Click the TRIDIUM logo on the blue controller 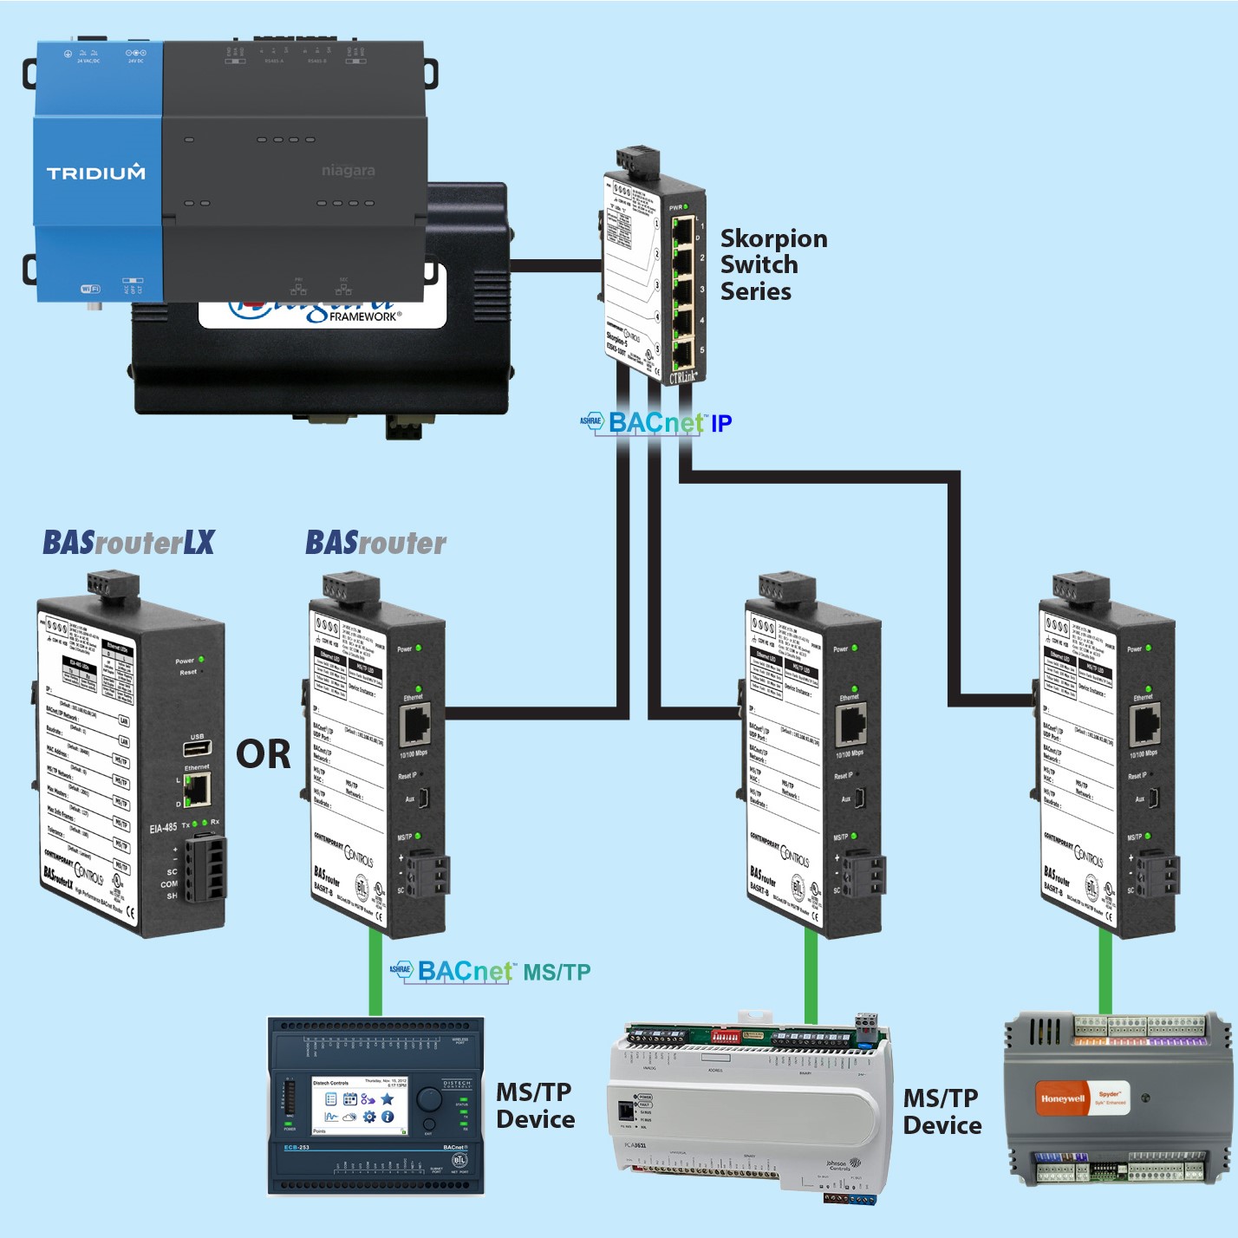[95, 173]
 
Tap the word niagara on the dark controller [348, 171]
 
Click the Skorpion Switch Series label [772, 264]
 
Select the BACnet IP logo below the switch [657, 423]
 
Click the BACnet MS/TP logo [491, 972]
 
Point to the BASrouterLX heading [128, 543]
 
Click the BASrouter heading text [375, 543]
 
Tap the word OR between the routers [263, 754]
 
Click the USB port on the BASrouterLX [197, 749]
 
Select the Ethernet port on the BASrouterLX [198, 789]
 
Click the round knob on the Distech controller [429, 1100]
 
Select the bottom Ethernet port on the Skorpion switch [683, 354]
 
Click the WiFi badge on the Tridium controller [90, 289]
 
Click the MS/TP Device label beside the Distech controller [535, 1105]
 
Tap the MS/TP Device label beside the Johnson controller [942, 1111]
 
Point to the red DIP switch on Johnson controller [725, 1035]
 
